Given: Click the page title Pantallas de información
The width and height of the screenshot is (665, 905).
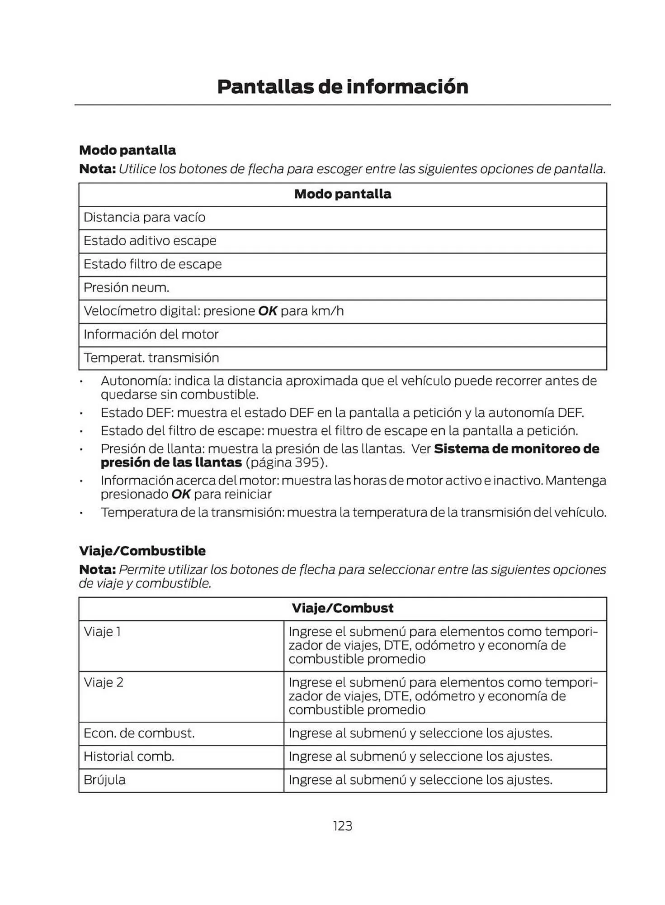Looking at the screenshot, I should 342,86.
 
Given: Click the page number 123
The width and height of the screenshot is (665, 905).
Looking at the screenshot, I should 342,826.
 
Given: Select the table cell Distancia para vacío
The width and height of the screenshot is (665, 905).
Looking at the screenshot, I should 144,218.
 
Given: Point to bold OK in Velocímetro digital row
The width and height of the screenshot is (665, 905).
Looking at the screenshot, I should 267,311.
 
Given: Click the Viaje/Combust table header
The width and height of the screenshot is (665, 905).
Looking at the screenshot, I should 342,608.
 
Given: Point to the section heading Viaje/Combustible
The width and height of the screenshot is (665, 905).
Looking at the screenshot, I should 142,551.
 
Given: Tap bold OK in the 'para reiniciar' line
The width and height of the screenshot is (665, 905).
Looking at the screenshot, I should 181,495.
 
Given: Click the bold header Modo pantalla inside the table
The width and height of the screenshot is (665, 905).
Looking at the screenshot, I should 342,194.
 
